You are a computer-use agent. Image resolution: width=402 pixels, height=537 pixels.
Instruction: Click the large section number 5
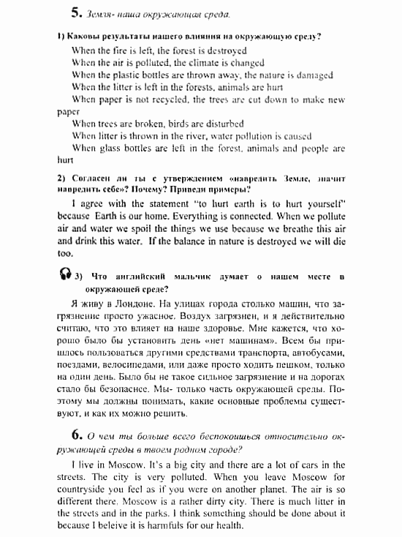[x=75, y=12]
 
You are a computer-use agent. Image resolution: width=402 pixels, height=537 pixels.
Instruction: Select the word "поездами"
[x=77, y=364]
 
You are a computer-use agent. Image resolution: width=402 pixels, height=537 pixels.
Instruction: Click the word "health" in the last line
[x=227, y=526]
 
